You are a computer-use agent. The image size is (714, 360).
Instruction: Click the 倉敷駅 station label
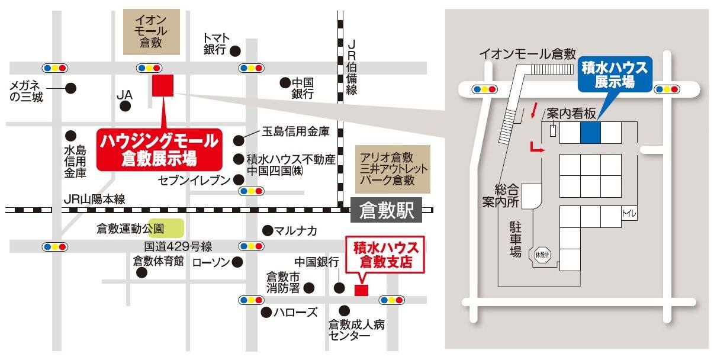click(385, 210)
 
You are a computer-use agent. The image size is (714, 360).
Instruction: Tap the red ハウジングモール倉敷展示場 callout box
click(159, 149)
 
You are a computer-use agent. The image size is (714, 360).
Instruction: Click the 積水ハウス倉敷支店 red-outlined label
click(385, 253)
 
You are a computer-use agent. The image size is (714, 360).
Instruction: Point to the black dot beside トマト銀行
click(236, 51)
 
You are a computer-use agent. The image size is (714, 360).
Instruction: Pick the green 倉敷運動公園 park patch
click(173, 227)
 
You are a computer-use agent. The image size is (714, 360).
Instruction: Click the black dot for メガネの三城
click(70, 88)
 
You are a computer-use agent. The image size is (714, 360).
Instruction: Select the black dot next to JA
click(125, 106)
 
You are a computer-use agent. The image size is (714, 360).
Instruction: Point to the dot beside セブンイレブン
click(238, 179)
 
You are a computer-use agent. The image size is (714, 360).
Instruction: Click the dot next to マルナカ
click(268, 230)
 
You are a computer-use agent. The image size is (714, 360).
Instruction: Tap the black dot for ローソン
click(237, 261)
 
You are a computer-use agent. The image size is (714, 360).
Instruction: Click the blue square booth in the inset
click(590, 132)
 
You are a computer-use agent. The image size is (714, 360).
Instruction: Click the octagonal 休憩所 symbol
click(543, 255)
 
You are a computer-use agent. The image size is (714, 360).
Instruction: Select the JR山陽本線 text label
click(95, 200)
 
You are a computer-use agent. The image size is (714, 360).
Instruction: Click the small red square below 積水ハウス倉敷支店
click(361, 290)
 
